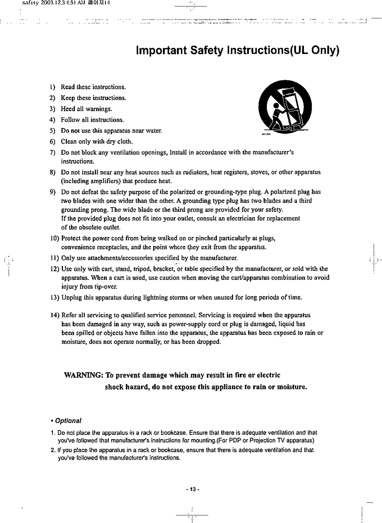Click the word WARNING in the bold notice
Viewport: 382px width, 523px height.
(x=83, y=376)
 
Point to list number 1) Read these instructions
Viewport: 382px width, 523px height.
(x=52, y=87)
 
